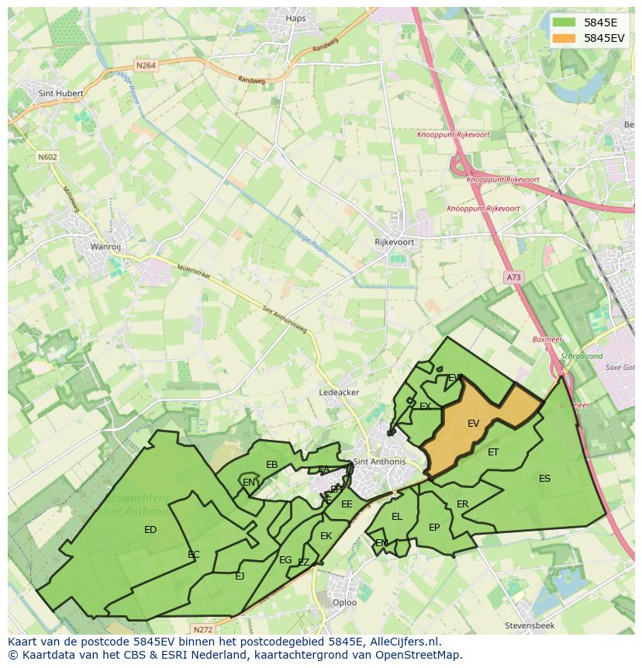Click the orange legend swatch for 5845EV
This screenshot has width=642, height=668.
pyautogui.click(x=564, y=38)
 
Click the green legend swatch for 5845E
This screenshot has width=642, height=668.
pyautogui.click(x=564, y=22)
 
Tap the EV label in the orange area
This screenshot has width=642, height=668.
pyautogui.click(x=473, y=424)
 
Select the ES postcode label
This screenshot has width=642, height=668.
pyautogui.click(x=544, y=479)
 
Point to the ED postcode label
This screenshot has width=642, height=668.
pyautogui.click(x=150, y=530)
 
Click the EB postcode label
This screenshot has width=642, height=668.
pyautogui.click(x=271, y=465)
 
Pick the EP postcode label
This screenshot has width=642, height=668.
pyautogui.click(x=434, y=528)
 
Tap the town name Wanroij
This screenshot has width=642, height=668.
pyautogui.click(x=106, y=247)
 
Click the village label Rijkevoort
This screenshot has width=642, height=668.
pyautogui.click(x=395, y=242)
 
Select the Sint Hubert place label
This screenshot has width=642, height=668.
pyautogui.click(x=60, y=93)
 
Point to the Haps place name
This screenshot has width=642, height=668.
pyautogui.click(x=296, y=19)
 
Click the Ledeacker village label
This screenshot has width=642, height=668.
pyautogui.click(x=339, y=393)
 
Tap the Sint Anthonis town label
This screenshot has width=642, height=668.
pyautogui.click(x=379, y=462)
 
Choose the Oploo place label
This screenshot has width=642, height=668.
pyautogui.click(x=344, y=602)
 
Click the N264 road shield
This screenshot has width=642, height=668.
pyautogui.click(x=145, y=66)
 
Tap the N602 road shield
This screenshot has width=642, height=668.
pyautogui.click(x=47, y=157)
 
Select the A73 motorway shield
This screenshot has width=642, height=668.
pyautogui.click(x=513, y=277)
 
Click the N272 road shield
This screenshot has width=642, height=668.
pyautogui.click(x=202, y=629)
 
